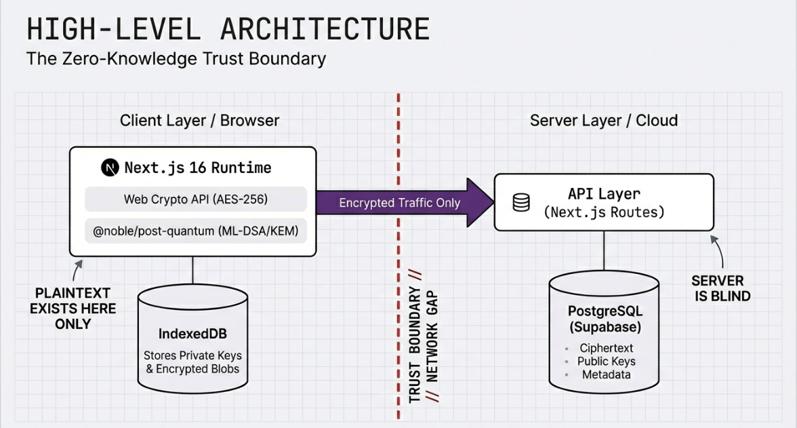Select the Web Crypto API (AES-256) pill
pyautogui.click(x=196, y=199)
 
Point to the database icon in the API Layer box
pyautogui.click(x=521, y=202)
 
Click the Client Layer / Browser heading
pyautogui.click(x=199, y=121)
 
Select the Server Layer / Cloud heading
pyautogui.click(x=603, y=121)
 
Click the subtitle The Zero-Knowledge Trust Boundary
pyautogui.click(x=176, y=59)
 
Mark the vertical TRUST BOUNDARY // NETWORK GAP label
pyautogui.click(x=423, y=345)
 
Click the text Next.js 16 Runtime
pyautogui.click(x=197, y=168)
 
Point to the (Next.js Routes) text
pyautogui.click(x=604, y=212)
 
